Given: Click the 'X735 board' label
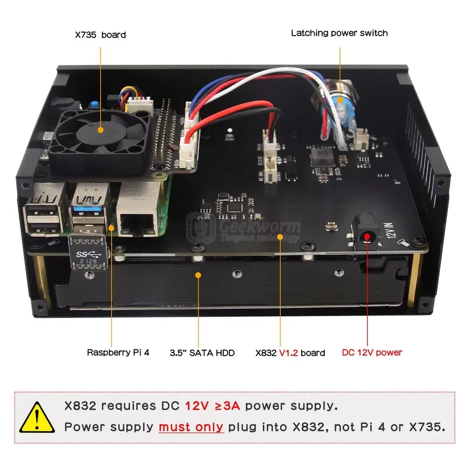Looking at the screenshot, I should coord(100,35).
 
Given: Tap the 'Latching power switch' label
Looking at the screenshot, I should coord(339,33).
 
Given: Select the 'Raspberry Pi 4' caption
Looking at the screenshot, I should coord(118,353).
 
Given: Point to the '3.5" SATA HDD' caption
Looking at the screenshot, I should coord(202,353).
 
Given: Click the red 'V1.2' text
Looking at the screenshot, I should coord(289,353).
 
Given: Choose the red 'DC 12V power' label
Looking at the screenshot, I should coord(372,353).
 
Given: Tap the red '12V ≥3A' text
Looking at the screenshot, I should coord(212,405).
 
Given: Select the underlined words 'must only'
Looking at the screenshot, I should coord(191,427).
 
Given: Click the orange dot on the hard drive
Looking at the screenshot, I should coord(198,275).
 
